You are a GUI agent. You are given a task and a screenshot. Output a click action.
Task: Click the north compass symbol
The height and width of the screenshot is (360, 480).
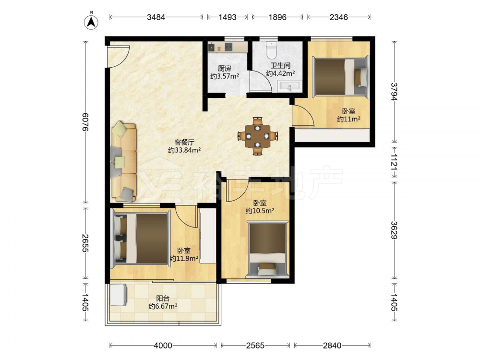pyautogui.click(x=91, y=22)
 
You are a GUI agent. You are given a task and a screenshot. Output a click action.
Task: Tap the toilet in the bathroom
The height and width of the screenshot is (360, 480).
pyautogui.click(x=272, y=50)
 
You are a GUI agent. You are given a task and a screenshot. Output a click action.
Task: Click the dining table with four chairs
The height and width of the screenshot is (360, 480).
pyautogui.click(x=258, y=136)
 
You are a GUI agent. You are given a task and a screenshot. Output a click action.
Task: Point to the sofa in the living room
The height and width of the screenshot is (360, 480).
pyautogui.click(x=124, y=162)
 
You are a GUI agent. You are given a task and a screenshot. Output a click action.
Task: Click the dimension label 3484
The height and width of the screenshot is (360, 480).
pyautogui.click(x=156, y=17)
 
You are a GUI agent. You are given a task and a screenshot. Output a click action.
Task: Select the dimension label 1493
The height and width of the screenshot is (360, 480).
pyautogui.click(x=227, y=17)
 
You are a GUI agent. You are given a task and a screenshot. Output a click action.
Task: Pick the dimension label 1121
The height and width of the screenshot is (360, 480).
pyautogui.click(x=394, y=162)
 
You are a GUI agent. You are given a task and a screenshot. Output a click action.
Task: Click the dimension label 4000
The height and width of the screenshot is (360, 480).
pyautogui.click(x=163, y=346)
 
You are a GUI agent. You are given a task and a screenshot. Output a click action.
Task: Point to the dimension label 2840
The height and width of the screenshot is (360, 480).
pyautogui.click(x=332, y=346)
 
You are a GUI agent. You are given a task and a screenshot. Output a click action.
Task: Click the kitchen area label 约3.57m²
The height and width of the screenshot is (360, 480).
pyautogui.click(x=225, y=76)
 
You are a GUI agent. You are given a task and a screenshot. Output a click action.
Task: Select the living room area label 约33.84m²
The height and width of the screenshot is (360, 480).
pyautogui.click(x=184, y=150)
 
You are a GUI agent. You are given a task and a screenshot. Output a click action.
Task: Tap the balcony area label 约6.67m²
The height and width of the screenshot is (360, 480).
pyautogui.click(x=163, y=306)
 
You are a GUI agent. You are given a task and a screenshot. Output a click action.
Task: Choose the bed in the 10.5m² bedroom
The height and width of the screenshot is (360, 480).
pyautogui.click(x=267, y=249)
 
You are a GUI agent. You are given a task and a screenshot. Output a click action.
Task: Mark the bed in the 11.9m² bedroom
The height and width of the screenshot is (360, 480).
pyautogui.click(x=141, y=238)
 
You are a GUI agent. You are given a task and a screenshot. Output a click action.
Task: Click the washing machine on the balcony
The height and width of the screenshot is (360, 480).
pyautogui.click(x=119, y=295)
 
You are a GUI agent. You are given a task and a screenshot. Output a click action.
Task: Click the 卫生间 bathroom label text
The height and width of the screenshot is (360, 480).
pyautogui.click(x=280, y=65)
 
